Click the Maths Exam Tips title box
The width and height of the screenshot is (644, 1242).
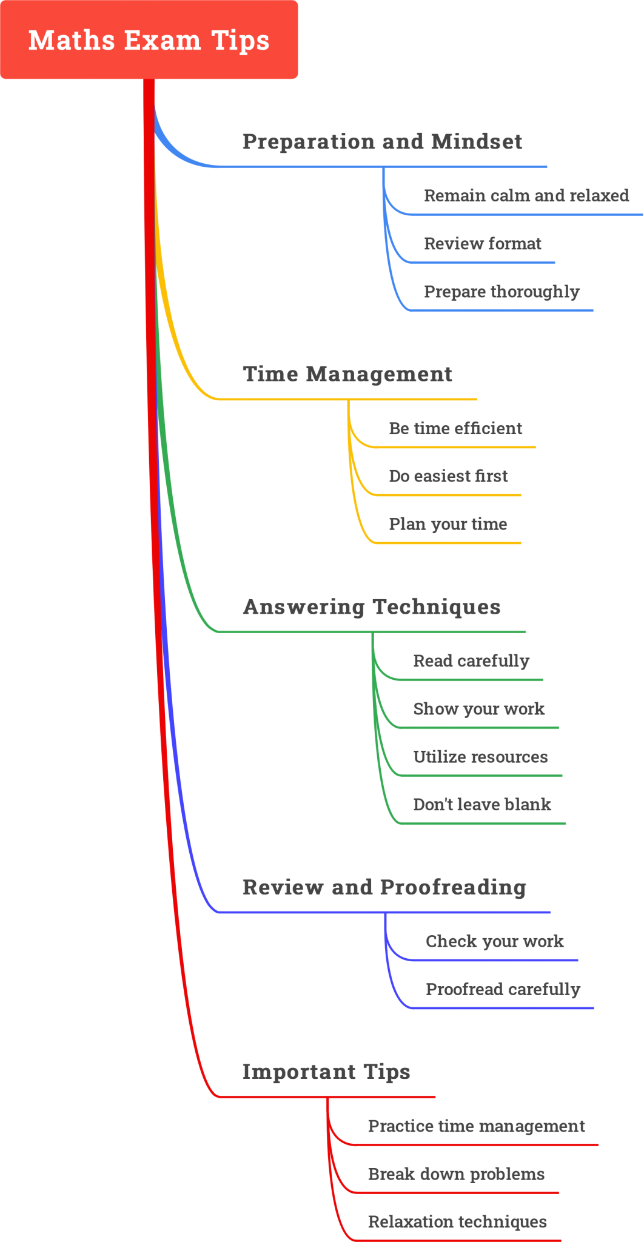click(149, 40)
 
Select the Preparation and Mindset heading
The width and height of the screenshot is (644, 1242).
click(382, 142)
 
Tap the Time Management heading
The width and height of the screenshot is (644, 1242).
click(347, 374)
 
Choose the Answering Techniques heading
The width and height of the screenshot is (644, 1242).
click(372, 607)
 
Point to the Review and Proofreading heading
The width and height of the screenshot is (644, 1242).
click(384, 887)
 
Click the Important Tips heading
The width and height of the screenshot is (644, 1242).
click(326, 1072)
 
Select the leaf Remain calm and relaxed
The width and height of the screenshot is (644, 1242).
click(526, 196)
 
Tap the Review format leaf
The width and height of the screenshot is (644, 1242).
click(482, 244)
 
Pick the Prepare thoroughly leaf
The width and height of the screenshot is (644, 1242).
click(501, 292)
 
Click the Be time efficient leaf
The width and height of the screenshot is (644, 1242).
click(455, 429)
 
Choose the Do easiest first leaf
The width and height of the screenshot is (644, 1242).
click(448, 477)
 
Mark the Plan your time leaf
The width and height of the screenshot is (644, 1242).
click(448, 525)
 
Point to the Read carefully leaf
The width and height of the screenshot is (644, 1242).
click(471, 661)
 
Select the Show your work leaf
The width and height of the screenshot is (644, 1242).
click(478, 709)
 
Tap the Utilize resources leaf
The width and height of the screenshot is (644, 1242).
click(480, 757)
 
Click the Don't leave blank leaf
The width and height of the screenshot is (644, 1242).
click(482, 805)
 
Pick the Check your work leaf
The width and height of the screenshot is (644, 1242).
click(495, 942)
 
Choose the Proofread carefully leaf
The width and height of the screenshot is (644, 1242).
click(503, 990)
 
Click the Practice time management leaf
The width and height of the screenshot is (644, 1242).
click(476, 1126)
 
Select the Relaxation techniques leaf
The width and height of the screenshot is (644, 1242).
click(457, 1222)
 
